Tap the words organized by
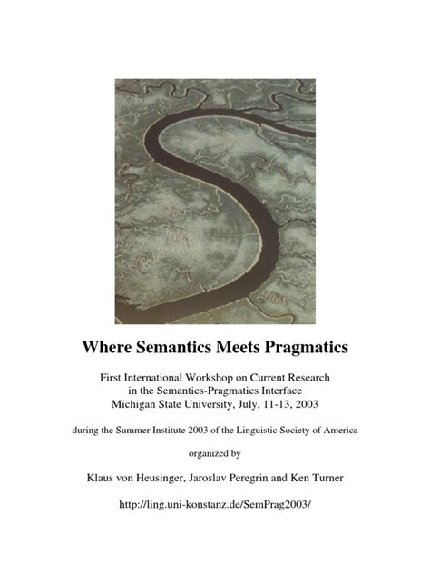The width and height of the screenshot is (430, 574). coord(215,455)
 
